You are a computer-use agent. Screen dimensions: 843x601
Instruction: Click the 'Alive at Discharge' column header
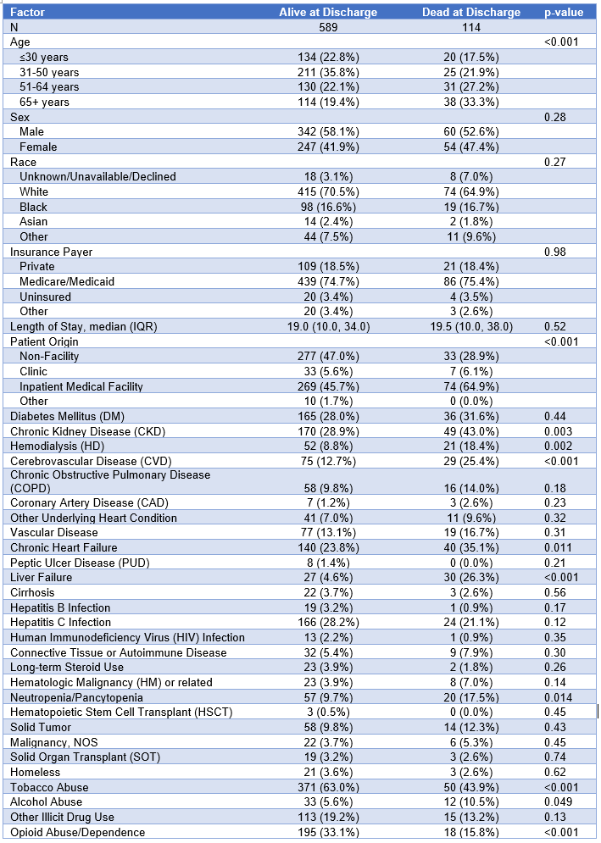point(328,12)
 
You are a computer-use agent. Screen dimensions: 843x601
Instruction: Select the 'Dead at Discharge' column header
point(471,12)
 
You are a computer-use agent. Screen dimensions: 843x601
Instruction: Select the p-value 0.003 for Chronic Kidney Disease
point(560,431)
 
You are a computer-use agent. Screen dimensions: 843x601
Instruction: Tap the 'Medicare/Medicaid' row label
point(68,281)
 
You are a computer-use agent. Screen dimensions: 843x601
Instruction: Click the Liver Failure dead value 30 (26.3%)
point(471,577)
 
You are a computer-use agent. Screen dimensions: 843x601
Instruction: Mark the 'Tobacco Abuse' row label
point(48,787)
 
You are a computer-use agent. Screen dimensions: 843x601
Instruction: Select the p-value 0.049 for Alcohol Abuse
point(560,801)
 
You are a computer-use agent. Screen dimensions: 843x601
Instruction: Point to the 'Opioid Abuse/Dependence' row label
point(77,832)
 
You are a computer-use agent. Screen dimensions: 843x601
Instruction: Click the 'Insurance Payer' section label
point(52,252)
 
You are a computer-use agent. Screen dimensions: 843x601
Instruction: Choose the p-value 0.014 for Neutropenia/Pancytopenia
point(560,696)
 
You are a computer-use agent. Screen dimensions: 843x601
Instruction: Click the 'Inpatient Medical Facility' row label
point(81,386)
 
